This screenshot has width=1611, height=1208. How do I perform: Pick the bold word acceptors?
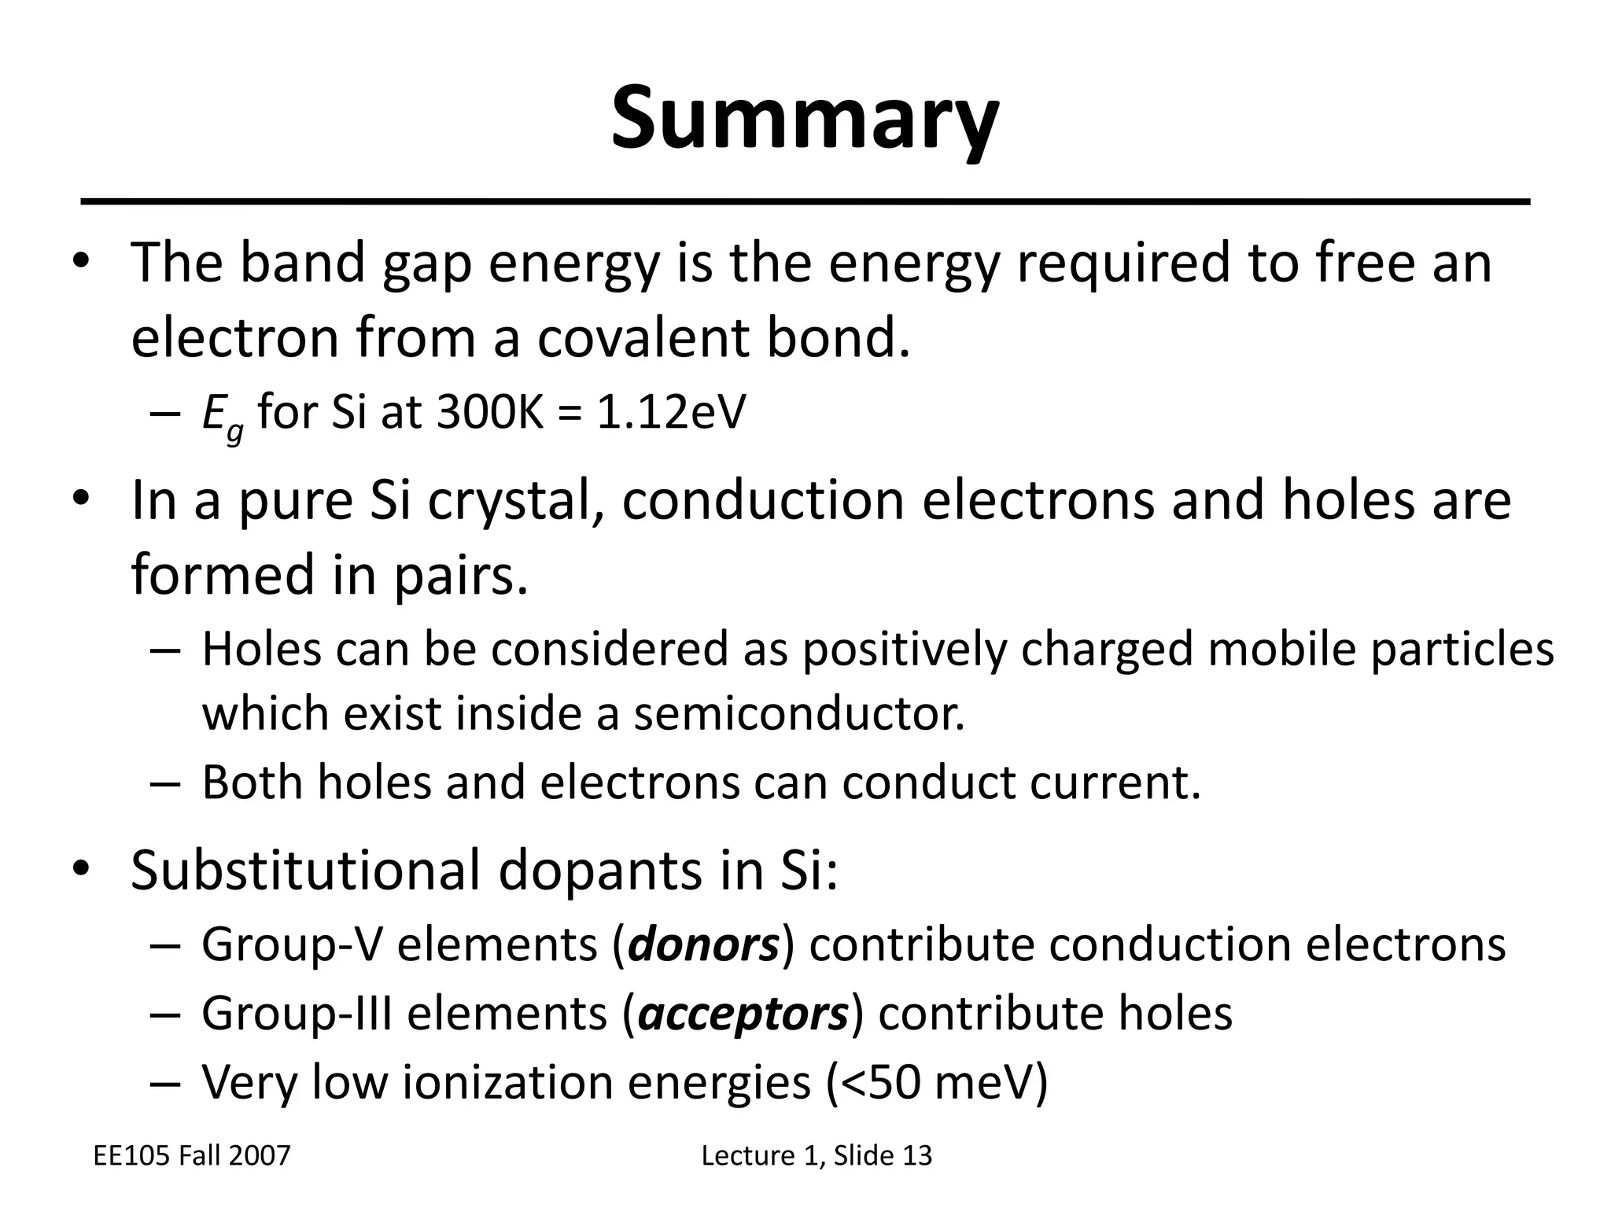(x=743, y=1014)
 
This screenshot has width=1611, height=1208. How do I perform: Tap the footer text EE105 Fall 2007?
(x=192, y=1155)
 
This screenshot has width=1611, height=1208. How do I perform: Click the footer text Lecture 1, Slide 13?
(x=817, y=1155)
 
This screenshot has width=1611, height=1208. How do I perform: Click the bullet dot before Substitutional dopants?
(x=81, y=868)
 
